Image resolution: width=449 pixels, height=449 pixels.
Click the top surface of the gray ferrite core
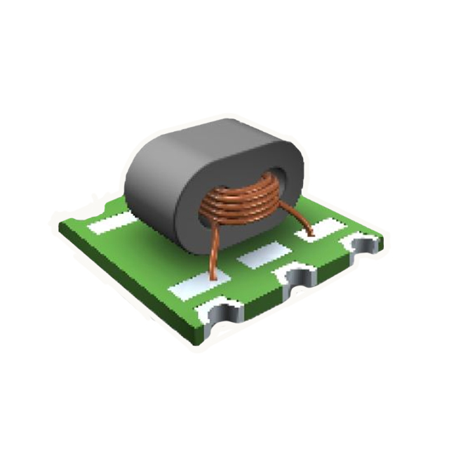point(210,144)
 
